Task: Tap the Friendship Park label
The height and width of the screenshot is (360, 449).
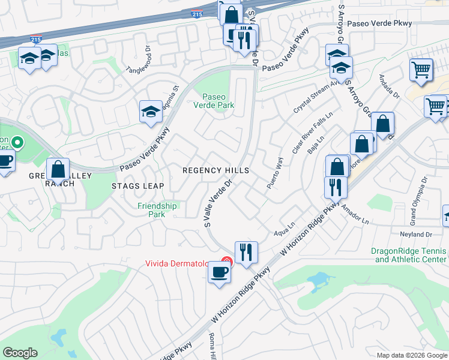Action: tap(157, 210)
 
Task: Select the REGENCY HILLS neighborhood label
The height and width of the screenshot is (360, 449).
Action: tap(216, 171)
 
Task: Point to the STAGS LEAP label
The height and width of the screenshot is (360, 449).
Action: tap(137, 186)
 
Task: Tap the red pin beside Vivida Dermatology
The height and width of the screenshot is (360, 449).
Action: tap(226, 262)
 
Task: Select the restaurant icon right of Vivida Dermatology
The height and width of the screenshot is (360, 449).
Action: tap(246, 252)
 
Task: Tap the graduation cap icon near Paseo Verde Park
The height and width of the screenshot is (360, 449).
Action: tap(151, 112)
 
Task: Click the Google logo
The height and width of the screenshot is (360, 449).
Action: tap(20, 353)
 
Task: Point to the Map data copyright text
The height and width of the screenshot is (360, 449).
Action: tap(412, 355)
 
